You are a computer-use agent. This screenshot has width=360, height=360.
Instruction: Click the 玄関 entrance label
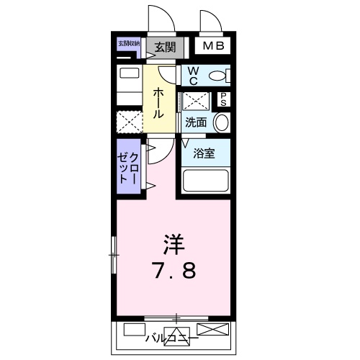[x=164, y=48]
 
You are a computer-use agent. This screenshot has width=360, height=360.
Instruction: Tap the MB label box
[x=213, y=47]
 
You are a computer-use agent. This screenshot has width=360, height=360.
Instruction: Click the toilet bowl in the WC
[x=220, y=74]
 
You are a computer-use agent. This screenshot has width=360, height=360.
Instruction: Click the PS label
[x=223, y=99]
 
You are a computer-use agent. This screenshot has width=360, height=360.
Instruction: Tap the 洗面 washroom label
[x=196, y=122]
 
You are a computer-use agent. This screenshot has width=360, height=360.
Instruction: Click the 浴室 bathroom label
[x=204, y=153]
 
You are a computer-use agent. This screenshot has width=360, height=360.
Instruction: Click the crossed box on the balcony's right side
[x=214, y=330]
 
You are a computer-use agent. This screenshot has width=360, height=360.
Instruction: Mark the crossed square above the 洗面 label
[x=194, y=100]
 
